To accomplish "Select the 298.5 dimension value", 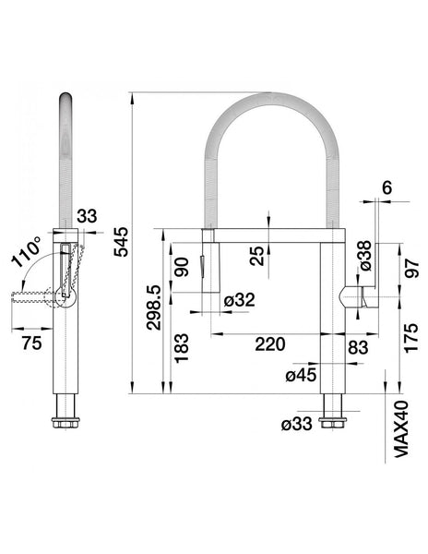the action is (153, 307).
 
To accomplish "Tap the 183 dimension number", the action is (182, 348).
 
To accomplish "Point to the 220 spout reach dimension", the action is (270, 343).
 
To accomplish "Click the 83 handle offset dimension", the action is (358, 347).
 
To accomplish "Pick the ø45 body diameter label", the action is (301, 375).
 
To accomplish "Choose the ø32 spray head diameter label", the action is (239, 300).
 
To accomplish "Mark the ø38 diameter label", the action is (365, 256).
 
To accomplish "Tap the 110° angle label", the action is (27, 251).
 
